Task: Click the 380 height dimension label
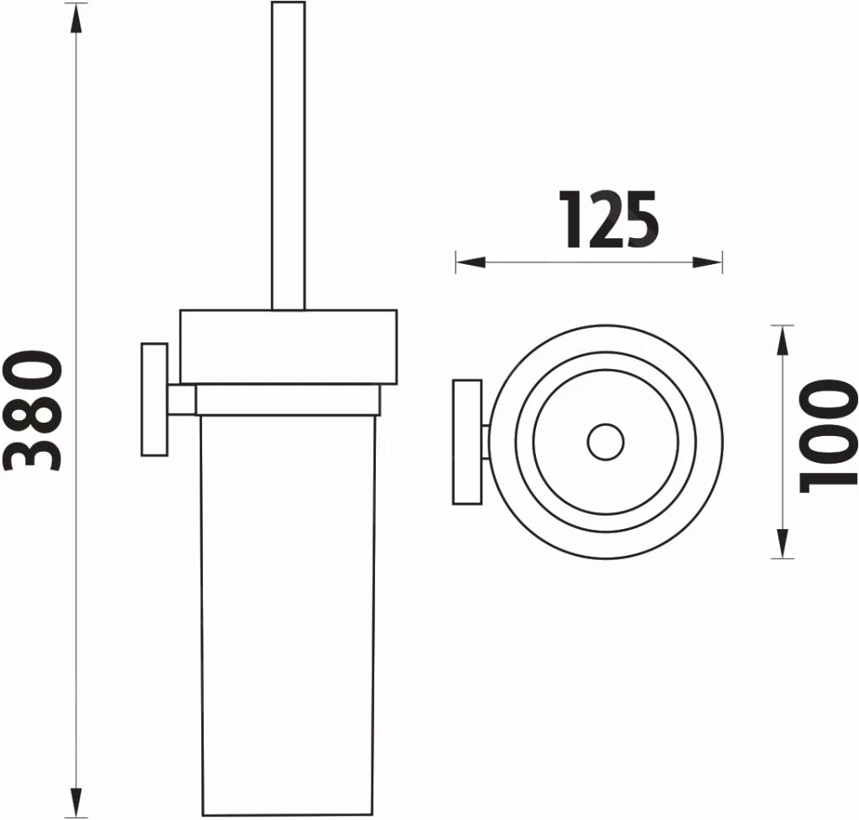click(x=34, y=410)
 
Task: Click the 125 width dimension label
click(x=609, y=221)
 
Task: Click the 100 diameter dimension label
click(x=828, y=435)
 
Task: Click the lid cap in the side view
click(x=288, y=346)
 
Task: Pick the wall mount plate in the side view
click(x=154, y=399)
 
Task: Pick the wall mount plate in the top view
click(x=466, y=442)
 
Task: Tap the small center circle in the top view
click(x=605, y=443)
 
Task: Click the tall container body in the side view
click(x=288, y=612)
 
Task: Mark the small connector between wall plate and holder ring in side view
click(x=181, y=400)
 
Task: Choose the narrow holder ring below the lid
click(x=288, y=400)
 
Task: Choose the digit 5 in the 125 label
click(x=640, y=221)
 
